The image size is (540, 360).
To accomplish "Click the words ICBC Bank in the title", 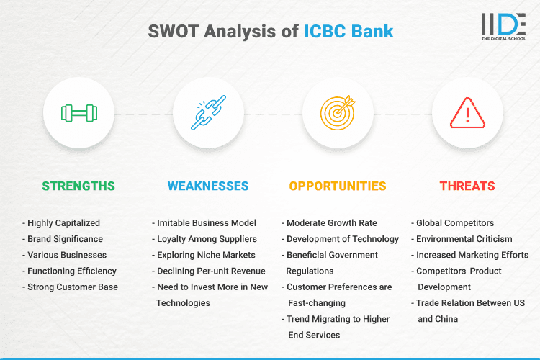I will click(347, 32).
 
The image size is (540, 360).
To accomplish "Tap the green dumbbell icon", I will click(78, 113).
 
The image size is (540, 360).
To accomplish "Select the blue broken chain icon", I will click(208, 113).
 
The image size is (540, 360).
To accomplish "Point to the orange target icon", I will click(338, 113).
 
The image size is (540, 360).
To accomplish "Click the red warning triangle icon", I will click(467, 113).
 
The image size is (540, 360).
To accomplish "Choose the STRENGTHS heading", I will click(78, 186).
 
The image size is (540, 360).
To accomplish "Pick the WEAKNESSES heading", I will click(208, 186).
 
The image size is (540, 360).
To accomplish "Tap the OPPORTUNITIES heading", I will click(338, 186).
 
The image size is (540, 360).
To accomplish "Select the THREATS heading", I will click(467, 186).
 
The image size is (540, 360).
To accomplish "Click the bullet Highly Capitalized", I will click(61, 223).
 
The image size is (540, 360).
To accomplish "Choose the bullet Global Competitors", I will click(455, 223).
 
